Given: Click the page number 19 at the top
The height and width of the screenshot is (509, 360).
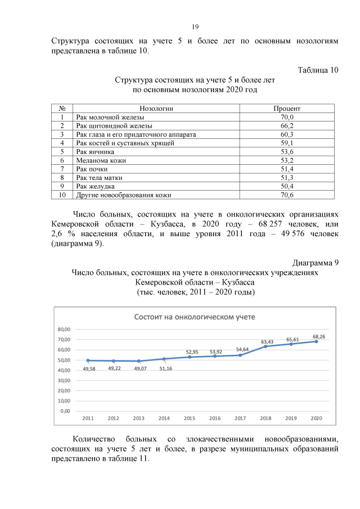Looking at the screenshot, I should coord(196,27).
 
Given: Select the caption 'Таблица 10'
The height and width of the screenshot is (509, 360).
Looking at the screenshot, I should coord(318,70).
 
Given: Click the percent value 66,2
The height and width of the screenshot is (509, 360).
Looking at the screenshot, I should coord(287,126).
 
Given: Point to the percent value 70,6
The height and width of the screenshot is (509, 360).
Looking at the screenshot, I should coord(287,195).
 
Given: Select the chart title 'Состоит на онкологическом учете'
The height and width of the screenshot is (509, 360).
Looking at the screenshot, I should coord(194,317).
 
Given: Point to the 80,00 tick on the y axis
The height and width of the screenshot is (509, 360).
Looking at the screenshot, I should coord(70,329).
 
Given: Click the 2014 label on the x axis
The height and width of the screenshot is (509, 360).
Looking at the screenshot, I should coord(164,418).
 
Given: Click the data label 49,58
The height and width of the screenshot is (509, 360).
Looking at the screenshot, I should coord(89,368).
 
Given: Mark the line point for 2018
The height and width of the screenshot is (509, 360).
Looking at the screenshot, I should coord(266,346).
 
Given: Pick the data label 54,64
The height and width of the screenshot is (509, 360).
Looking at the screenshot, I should coord(242,349).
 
